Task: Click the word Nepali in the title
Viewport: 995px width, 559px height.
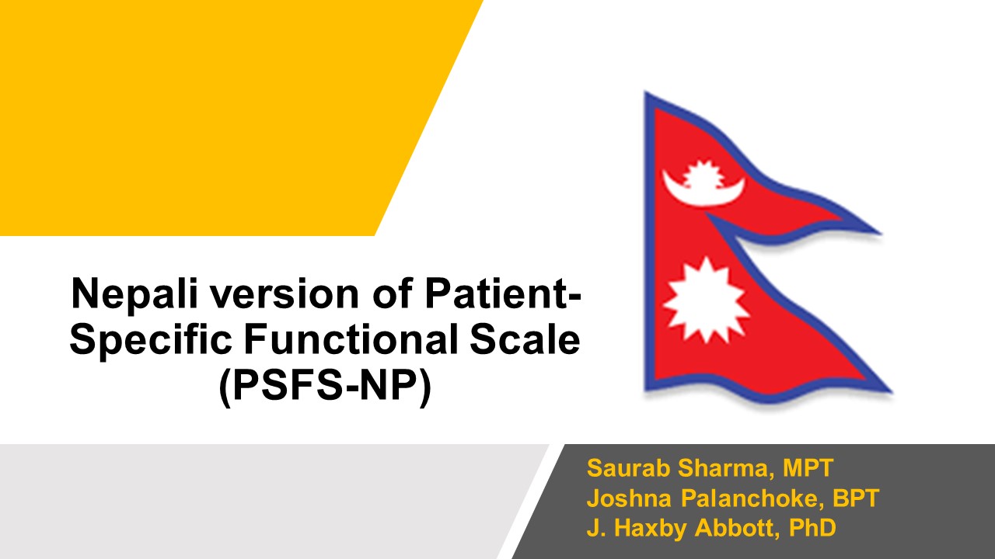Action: [x=134, y=294]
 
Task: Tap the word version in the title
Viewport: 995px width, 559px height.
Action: [x=285, y=294]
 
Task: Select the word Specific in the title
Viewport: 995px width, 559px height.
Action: [x=151, y=340]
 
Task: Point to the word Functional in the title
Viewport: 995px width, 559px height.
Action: [x=351, y=339]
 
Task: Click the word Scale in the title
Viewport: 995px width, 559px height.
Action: [x=525, y=339]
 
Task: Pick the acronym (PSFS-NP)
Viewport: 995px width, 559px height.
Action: [x=325, y=385]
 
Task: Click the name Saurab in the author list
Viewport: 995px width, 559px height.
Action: [x=628, y=468]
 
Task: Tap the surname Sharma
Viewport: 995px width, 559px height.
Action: [x=727, y=468]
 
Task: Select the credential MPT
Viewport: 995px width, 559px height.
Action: [x=808, y=468]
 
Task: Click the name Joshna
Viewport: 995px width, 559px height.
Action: [x=629, y=498]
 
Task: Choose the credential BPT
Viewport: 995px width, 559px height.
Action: [x=855, y=498]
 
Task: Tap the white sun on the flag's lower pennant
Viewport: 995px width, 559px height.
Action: [x=707, y=300]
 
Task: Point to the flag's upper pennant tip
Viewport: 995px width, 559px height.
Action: [x=880, y=232]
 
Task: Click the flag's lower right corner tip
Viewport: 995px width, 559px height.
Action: [x=891, y=392]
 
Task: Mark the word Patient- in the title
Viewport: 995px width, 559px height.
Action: [x=503, y=293]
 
